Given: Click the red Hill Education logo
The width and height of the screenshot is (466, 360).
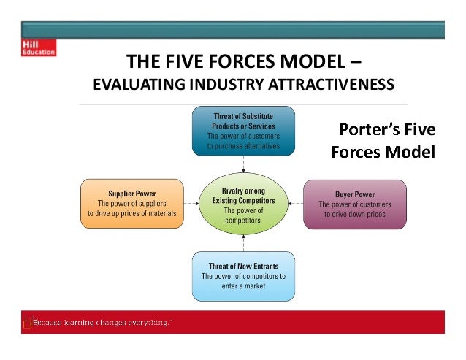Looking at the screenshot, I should tap(37, 48).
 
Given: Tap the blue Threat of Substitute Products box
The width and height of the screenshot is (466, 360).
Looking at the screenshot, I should tap(243, 131).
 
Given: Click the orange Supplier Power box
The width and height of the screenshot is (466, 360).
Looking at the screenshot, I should tap(131, 203).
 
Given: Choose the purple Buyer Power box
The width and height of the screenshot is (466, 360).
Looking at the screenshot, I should tap(354, 204).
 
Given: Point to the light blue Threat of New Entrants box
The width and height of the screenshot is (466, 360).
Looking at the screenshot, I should tap(243, 276).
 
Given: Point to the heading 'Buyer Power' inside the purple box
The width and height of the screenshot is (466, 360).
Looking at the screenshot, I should tap(354, 195).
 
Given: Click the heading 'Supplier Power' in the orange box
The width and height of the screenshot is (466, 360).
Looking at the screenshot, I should tap(131, 194).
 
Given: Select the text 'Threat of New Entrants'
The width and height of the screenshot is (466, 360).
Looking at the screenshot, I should tap(243, 266).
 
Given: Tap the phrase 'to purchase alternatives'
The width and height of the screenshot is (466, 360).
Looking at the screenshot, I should tap(243, 145).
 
